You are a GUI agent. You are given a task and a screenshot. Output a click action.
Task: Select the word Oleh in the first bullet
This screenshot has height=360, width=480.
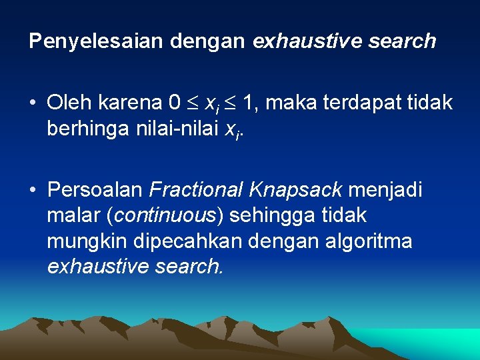(x=69, y=103)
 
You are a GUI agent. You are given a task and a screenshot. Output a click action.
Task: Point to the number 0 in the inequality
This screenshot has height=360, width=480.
(x=175, y=103)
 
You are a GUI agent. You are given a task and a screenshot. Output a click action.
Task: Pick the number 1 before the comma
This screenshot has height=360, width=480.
(x=249, y=103)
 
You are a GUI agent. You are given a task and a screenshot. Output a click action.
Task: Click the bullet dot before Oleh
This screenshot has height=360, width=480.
(x=32, y=103)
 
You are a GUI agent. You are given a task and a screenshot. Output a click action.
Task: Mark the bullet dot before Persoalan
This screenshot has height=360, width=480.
(x=32, y=191)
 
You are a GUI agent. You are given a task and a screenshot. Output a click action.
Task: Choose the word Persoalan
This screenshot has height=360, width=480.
(x=95, y=191)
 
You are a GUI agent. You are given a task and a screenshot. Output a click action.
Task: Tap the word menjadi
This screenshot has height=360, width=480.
(x=385, y=191)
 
